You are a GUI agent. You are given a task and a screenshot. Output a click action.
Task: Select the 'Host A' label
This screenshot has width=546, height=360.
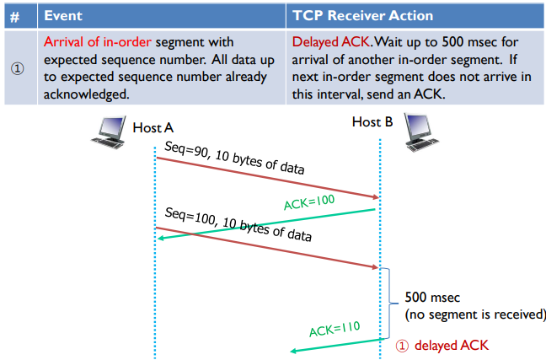(153, 127)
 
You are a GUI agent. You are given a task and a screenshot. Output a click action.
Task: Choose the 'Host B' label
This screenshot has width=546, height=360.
(372, 123)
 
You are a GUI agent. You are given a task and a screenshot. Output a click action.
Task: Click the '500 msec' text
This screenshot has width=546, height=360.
(432, 298)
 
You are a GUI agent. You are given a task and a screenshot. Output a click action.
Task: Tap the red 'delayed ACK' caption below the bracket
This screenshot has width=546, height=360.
(451, 345)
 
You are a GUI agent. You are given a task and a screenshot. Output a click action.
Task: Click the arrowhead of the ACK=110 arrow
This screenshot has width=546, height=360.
(294, 351)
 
